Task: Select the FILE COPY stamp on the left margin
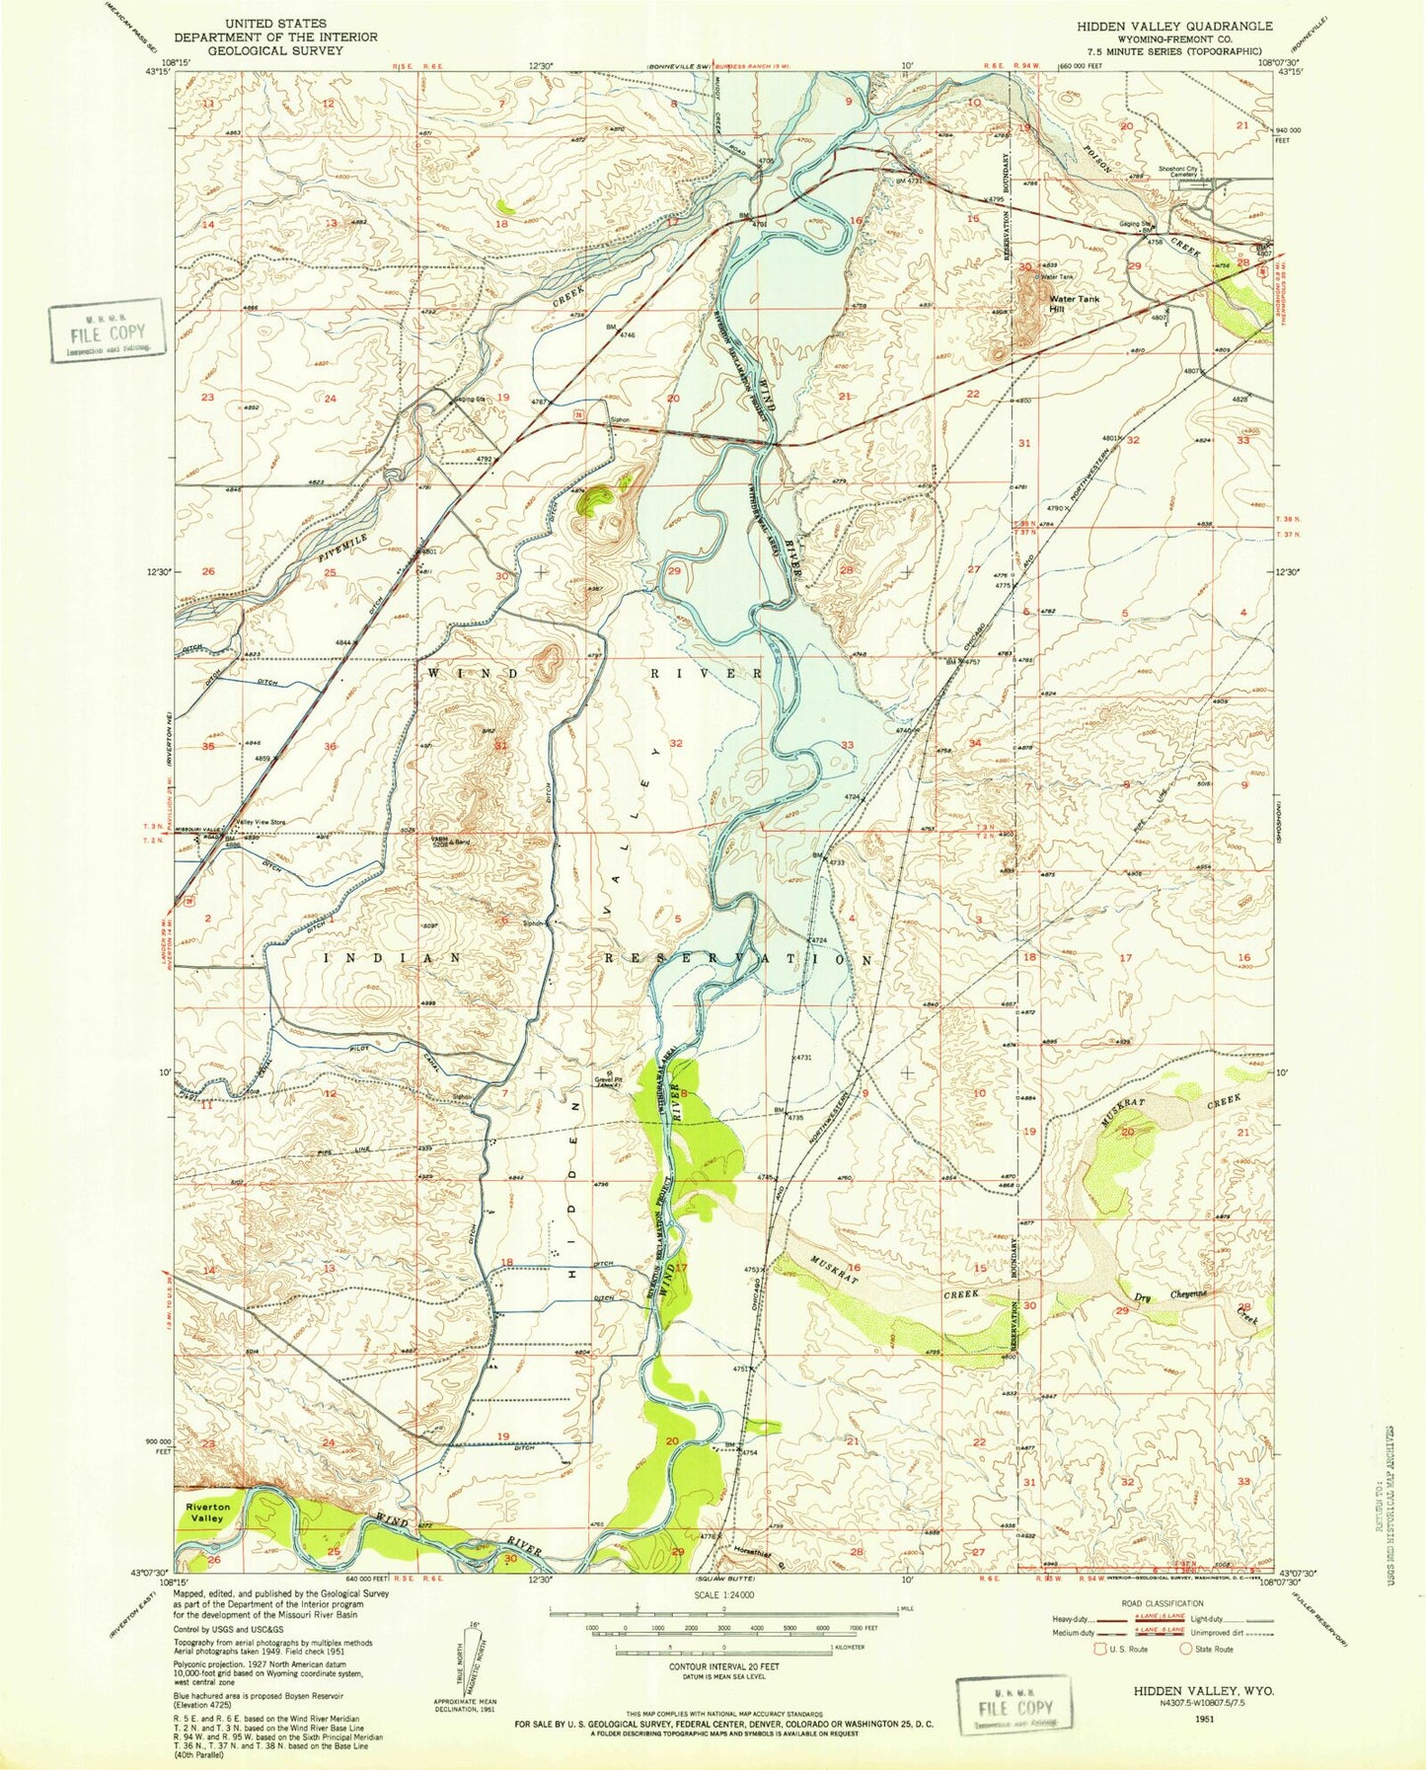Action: [106, 332]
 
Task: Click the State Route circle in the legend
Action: [1186, 1649]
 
